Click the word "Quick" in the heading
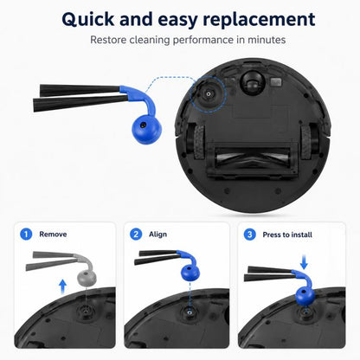[88, 20]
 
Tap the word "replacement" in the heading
[259, 20]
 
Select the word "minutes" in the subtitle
[267, 40]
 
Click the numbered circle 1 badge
[26, 234]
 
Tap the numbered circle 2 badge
[136, 234]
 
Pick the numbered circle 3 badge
[250, 235]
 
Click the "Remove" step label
[53, 235]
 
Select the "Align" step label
[157, 235]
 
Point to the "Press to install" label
[287, 235]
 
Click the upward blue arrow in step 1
[62, 287]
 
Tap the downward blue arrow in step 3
[304, 261]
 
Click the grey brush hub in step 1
[87, 278]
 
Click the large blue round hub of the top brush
[146, 129]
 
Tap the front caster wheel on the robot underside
[252, 82]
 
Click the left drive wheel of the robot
[199, 143]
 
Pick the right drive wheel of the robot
[305, 143]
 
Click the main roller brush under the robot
[253, 157]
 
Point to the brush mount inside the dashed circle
[208, 93]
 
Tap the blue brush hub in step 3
[305, 296]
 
